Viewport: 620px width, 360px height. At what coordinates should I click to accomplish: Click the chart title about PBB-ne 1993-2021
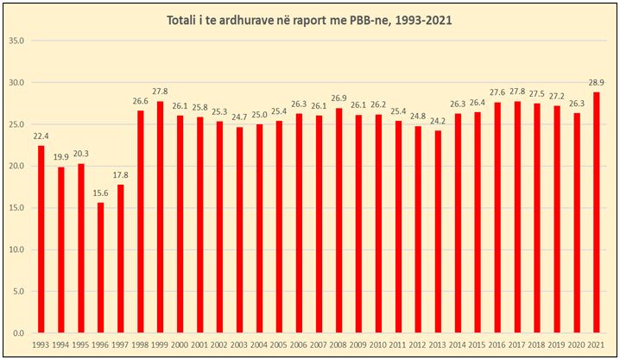click(310, 19)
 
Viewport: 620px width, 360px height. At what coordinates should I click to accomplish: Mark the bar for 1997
click(121, 258)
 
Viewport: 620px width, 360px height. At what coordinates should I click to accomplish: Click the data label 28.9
click(596, 81)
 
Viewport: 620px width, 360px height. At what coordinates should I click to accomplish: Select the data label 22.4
click(41, 136)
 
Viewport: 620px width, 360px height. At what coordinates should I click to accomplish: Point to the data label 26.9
click(338, 98)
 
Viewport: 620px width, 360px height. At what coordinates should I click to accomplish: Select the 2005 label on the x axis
click(278, 345)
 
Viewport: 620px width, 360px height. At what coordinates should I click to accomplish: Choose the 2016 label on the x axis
click(498, 345)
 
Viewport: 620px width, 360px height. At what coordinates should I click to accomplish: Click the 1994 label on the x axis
click(60, 345)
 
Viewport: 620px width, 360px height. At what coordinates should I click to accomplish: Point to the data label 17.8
click(121, 174)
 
